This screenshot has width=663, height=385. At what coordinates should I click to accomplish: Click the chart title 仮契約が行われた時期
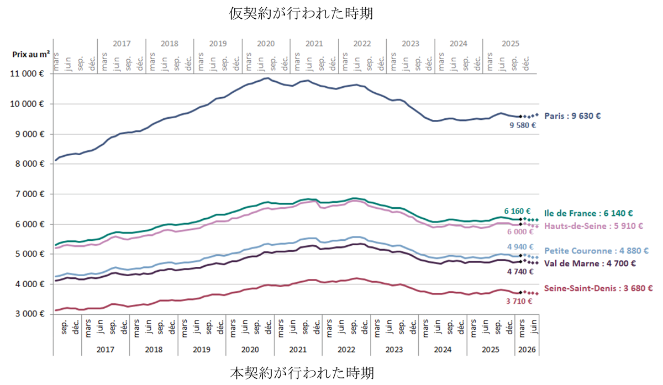(301, 13)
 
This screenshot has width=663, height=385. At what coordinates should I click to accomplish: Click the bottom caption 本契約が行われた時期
(302, 372)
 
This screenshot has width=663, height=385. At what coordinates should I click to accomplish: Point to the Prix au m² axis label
(31, 55)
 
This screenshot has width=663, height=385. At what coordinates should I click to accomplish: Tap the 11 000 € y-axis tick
(27, 73)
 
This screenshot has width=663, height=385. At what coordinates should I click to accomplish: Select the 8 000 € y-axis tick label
(30, 164)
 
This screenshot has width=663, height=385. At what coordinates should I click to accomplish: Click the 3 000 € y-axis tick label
(30, 314)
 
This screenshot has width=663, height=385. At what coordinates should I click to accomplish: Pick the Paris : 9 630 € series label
(572, 115)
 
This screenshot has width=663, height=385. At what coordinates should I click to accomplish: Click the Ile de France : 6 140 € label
(588, 213)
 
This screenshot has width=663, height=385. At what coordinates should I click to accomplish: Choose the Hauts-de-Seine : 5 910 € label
(593, 226)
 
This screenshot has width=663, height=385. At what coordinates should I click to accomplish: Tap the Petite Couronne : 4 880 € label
(596, 251)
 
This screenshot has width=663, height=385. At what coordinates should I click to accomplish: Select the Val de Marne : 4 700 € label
(590, 263)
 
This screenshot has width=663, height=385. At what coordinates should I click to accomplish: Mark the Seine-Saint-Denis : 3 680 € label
(598, 288)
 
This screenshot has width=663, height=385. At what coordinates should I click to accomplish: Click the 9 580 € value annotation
(523, 125)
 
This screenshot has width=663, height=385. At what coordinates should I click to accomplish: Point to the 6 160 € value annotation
(517, 212)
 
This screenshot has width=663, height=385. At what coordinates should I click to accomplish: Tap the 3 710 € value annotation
(519, 301)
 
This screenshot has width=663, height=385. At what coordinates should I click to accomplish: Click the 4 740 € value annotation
(520, 271)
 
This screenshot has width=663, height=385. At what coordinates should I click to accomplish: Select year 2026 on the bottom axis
(527, 350)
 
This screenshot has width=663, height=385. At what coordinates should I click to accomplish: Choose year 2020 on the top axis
(266, 44)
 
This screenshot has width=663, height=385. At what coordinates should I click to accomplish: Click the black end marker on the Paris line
(520, 117)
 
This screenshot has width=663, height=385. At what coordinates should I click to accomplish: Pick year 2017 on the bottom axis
(106, 350)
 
